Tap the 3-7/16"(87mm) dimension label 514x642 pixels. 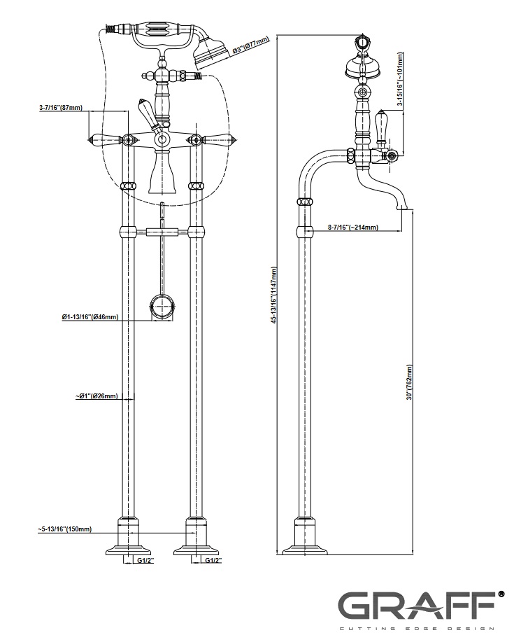[61, 108]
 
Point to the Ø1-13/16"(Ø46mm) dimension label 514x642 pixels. [90, 317]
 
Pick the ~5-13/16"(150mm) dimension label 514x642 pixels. [64, 529]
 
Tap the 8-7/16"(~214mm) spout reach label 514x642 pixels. [353, 228]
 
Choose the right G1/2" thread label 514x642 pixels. [213, 561]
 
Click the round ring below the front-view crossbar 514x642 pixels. [162, 307]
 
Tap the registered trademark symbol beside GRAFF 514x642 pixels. [501, 594]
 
